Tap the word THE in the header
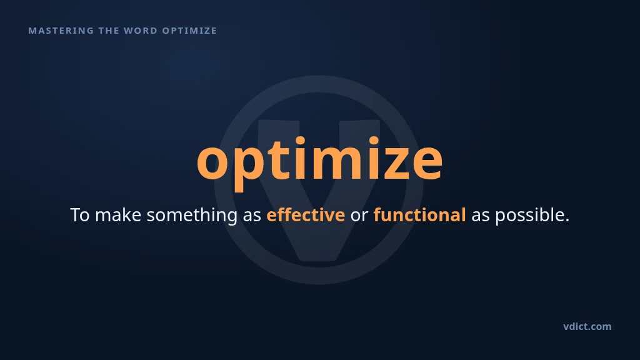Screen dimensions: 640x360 coord(109,31)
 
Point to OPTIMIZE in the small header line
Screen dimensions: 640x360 coord(189,31)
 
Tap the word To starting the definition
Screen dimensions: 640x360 coord(80,215)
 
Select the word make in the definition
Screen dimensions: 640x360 coord(118,215)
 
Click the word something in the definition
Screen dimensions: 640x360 coord(192,216)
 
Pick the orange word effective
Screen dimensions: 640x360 coord(305,215)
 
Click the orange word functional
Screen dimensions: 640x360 coord(419,215)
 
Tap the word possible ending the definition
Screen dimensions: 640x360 coord(532,216)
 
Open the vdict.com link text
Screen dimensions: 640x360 coord(587,326)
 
